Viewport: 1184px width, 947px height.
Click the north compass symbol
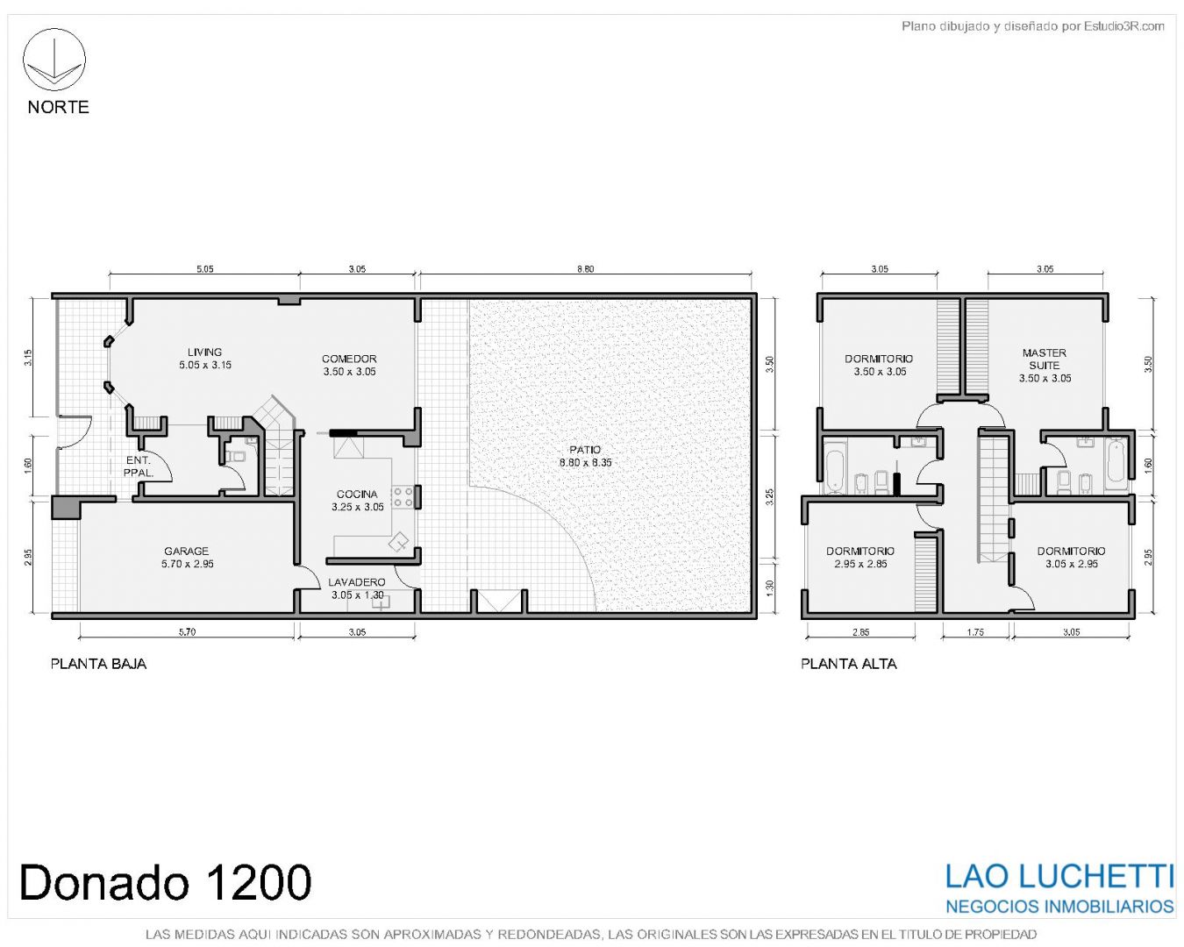click(53, 60)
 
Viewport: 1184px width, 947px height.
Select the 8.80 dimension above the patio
click(585, 269)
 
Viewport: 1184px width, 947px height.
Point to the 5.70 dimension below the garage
click(187, 631)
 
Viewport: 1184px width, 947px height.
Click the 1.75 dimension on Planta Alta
click(975, 631)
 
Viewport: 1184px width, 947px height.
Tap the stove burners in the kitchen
click(403, 497)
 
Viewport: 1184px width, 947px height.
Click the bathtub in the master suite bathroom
click(1116, 466)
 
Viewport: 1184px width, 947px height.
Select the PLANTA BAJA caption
click(98, 664)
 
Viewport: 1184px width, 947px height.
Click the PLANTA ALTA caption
click(848, 664)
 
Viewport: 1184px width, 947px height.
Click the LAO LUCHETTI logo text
click(1059, 877)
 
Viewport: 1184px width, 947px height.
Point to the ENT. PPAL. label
click(138, 466)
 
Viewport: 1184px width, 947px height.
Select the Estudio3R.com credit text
click(1032, 25)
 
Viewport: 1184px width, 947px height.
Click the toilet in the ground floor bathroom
click(238, 456)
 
